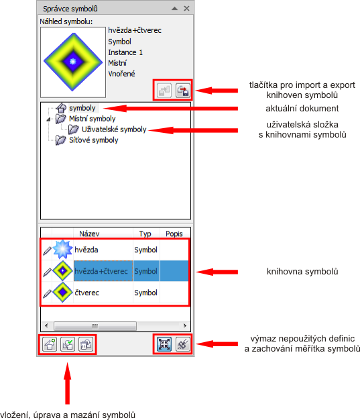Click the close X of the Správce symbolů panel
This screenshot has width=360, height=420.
click(x=186, y=9)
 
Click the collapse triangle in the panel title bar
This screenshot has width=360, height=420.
click(x=174, y=9)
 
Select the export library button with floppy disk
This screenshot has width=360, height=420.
click(x=183, y=91)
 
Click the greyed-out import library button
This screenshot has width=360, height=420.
click(x=164, y=91)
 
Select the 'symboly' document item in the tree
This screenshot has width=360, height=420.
click(x=82, y=108)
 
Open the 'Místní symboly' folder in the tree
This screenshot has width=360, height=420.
click(x=92, y=119)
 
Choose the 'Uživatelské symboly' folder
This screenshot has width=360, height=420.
click(x=114, y=129)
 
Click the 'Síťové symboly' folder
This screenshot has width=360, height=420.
click(x=93, y=140)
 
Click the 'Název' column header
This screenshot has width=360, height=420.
click(x=89, y=234)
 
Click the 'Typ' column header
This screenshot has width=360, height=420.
click(x=145, y=234)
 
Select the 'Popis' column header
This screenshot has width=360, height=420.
click(x=174, y=234)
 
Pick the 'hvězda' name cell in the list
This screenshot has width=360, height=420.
click(x=86, y=250)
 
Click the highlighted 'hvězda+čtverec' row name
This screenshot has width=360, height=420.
click(x=101, y=271)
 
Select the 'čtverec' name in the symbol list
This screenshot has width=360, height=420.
click(x=86, y=293)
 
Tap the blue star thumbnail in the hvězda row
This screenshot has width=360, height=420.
click(x=62, y=250)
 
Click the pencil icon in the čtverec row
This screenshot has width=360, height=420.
click(x=47, y=294)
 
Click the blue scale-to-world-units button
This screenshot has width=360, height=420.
click(x=164, y=344)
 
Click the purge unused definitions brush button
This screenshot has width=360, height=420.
click(x=183, y=344)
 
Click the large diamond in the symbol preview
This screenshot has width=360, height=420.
click(x=73, y=62)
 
